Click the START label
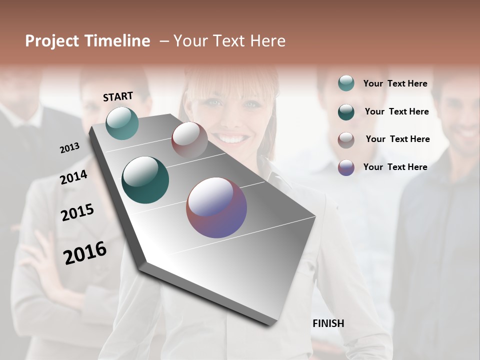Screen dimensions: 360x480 pyautogui.click(x=118, y=96)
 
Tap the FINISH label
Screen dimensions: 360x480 pyautogui.click(x=328, y=323)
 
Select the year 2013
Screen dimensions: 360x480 pyautogui.click(x=69, y=148)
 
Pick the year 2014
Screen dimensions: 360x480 pyautogui.click(x=73, y=177)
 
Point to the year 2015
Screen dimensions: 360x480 pyautogui.click(x=77, y=212)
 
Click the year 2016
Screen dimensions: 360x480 pyautogui.click(x=85, y=252)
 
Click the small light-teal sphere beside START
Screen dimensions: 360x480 pyautogui.click(x=122, y=123)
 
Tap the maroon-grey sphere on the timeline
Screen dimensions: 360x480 pyautogui.click(x=189, y=140)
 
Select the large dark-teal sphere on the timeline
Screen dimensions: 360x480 pyautogui.click(x=145, y=180)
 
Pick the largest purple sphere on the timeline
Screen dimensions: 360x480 pyautogui.click(x=216, y=207)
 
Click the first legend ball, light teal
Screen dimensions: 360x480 pyautogui.click(x=346, y=83)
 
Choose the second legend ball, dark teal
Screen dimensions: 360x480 pyautogui.click(x=346, y=111)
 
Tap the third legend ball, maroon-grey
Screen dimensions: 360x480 pyautogui.click(x=346, y=139)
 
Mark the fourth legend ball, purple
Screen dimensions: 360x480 pyautogui.click(x=346, y=167)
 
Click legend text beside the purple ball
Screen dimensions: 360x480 pyautogui.click(x=395, y=167)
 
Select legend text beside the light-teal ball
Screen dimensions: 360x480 pyautogui.click(x=395, y=83)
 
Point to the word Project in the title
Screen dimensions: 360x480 pyautogui.click(x=52, y=41)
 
